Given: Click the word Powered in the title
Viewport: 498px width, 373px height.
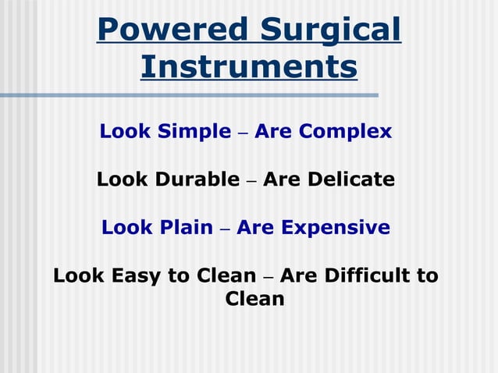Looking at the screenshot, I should pos(162,30).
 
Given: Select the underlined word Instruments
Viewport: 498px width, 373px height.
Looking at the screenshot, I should pos(249,67).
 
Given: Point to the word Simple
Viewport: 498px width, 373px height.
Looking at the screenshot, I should pos(195,132).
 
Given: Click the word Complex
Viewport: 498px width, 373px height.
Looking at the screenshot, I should pos(346,132).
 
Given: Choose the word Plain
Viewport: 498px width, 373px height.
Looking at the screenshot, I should pos(187,228).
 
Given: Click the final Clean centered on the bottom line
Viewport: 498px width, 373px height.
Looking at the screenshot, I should pos(254,299).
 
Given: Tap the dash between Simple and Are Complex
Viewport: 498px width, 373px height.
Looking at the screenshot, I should pos(243,133).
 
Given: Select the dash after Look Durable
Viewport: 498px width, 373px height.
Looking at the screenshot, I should pos(251,181).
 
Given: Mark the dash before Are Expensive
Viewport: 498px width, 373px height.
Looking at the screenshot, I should pos(225,229).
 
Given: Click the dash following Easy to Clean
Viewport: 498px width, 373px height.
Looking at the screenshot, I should pos(268,277).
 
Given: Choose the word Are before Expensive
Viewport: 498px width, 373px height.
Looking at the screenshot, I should pos(255,228).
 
